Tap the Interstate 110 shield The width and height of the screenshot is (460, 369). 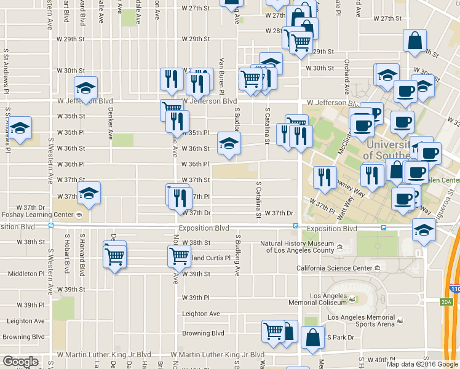pyautogui.click(x=454, y=288)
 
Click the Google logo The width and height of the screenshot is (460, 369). pyautogui.click(x=20, y=362)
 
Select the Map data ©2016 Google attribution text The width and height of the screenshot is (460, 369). pyautogui.click(x=422, y=364)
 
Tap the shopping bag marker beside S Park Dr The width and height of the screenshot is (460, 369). pyautogui.click(x=312, y=338)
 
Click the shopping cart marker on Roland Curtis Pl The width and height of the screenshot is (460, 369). pyautogui.click(x=179, y=255)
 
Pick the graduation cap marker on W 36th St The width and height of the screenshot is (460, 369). pyautogui.click(x=228, y=145)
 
